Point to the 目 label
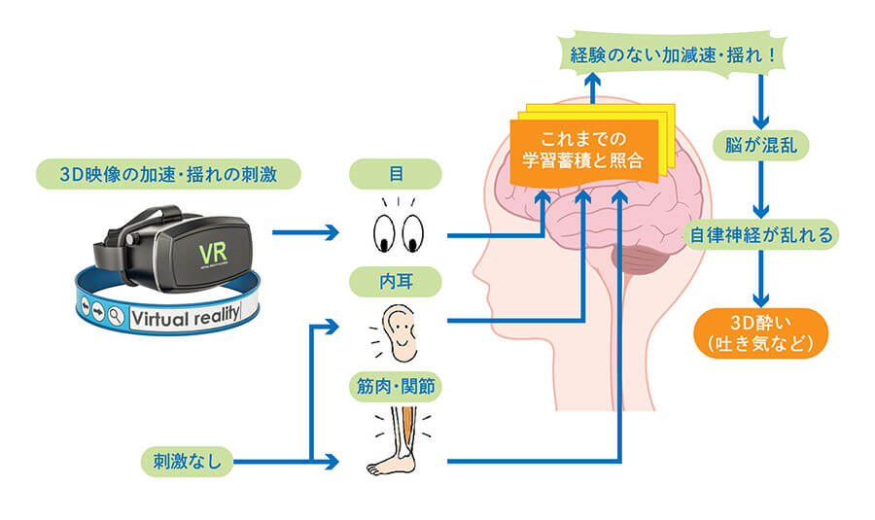395,175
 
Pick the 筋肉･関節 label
395,388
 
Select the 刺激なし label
185,461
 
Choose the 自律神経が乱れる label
766,234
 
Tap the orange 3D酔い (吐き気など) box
766,332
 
